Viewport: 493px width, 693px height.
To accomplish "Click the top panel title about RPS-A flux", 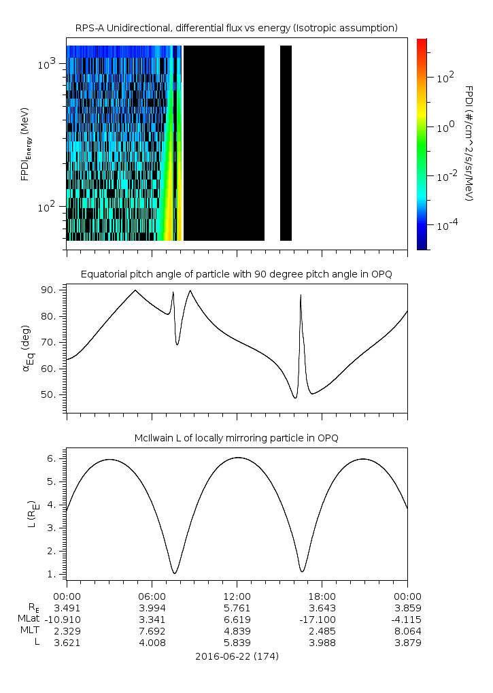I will (x=236, y=28).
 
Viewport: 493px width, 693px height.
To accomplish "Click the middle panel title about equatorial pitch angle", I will (x=236, y=274).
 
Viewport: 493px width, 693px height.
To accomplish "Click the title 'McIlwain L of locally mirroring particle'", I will (x=236, y=438).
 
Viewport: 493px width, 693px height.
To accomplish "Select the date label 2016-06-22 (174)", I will (x=237, y=656).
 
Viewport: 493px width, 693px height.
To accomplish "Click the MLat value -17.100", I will (x=322, y=619).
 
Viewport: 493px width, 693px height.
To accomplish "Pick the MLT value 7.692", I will (x=152, y=630).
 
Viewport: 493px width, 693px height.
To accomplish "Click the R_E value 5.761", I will (x=237, y=607).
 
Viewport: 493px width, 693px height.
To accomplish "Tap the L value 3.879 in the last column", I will (x=407, y=642).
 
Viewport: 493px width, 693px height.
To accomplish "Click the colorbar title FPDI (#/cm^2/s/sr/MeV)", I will (x=469, y=143).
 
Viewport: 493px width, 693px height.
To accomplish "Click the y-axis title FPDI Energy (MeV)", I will (x=24, y=143).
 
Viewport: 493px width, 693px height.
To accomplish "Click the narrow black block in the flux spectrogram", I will (x=286, y=143).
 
